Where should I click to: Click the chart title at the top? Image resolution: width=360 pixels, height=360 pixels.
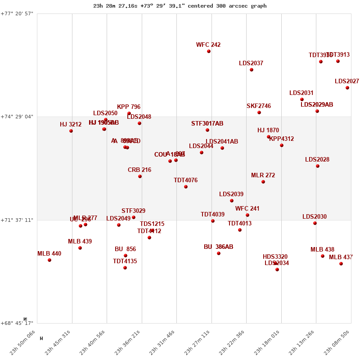pyautogui.click(x=180, y=6)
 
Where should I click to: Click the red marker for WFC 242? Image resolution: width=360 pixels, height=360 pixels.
pyautogui.click(x=209, y=51)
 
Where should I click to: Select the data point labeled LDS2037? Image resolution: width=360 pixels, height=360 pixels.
pyautogui.click(x=252, y=70)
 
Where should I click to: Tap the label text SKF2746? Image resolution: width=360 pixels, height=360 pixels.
pyautogui.click(x=259, y=106)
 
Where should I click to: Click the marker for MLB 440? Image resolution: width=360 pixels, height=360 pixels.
pyautogui.click(x=49, y=260)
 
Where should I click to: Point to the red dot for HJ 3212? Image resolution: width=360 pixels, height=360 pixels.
pyautogui.click(x=71, y=131)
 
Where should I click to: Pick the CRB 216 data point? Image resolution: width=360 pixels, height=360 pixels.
pyautogui.click(x=140, y=176)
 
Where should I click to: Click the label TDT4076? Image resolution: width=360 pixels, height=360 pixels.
pyautogui.click(x=185, y=180)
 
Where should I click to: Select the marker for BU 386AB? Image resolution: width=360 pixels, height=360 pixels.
pyautogui.click(x=219, y=253)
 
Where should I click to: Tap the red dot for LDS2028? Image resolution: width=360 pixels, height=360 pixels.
pyautogui.click(x=318, y=166)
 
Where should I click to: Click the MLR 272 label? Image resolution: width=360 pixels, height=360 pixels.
pyautogui.click(x=263, y=175)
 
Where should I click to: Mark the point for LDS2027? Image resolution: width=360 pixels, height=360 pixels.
pyautogui.click(x=347, y=88)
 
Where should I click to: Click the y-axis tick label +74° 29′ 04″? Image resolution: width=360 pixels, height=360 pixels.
pyautogui.click(x=18, y=117)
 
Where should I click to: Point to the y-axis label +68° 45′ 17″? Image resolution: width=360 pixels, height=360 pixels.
pyautogui.click(x=18, y=323)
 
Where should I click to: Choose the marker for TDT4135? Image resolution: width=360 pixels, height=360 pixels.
pyautogui.click(x=125, y=268)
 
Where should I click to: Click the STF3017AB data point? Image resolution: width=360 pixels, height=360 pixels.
pyautogui.click(x=207, y=130)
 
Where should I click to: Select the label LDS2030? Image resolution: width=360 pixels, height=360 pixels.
pyautogui.click(x=315, y=217)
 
